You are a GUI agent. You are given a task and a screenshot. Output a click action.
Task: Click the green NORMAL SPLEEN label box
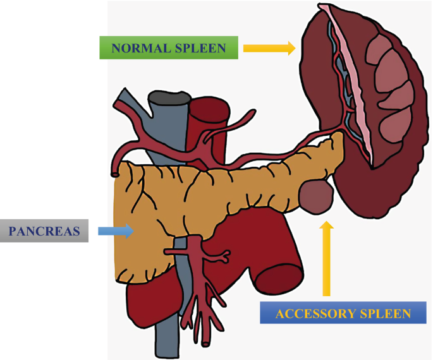click(x=168, y=48)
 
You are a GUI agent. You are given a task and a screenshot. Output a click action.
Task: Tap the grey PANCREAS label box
click(x=44, y=231)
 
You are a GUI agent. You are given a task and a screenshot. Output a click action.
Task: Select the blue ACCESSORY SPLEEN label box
click(x=344, y=313)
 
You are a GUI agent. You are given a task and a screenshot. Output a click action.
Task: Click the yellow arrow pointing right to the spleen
click(x=269, y=48)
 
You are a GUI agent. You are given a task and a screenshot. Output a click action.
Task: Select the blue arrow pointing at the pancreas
click(x=116, y=231)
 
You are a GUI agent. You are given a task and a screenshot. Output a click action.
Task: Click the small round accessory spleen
click(x=316, y=196)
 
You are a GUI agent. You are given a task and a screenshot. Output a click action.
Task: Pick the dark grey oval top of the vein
click(x=168, y=98)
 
